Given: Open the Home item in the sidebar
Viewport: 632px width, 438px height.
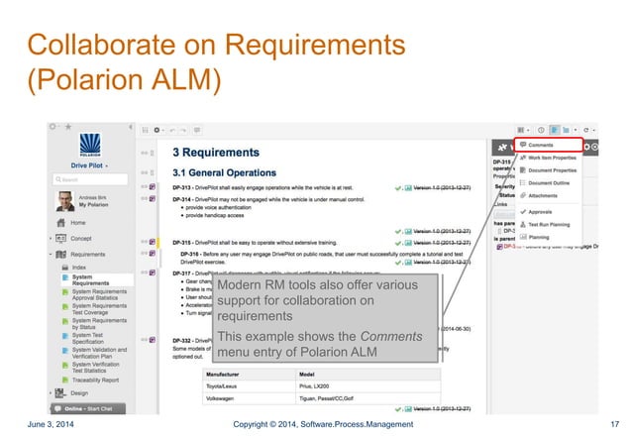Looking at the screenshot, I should point(77,224).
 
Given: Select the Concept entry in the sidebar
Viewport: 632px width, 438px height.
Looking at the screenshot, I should point(81,239).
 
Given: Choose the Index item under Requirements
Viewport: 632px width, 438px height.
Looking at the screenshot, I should point(78,267).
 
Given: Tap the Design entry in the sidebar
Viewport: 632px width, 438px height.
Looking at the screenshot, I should point(79,392).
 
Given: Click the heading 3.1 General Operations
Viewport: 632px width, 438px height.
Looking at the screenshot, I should point(231,169).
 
